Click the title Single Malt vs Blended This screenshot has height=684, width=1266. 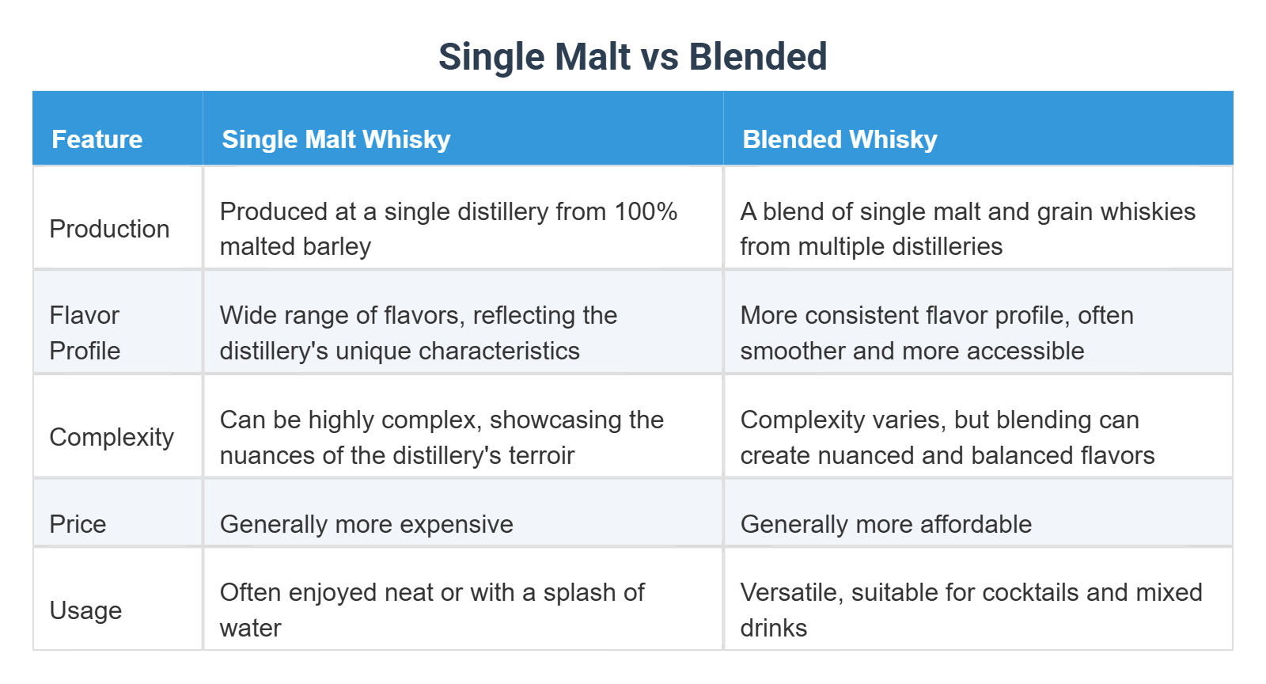(632, 57)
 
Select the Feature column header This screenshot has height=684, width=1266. (97, 139)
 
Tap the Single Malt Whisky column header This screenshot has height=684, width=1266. (335, 139)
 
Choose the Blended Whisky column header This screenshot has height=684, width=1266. (840, 139)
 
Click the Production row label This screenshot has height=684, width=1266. (109, 229)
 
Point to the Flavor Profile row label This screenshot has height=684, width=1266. (85, 332)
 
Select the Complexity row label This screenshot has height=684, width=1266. (112, 437)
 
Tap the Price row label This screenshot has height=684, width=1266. (78, 524)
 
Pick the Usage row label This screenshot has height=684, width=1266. (85, 610)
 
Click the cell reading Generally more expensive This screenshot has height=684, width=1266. (366, 524)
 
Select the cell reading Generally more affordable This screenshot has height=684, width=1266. (885, 524)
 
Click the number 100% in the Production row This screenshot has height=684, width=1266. (646, 211)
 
